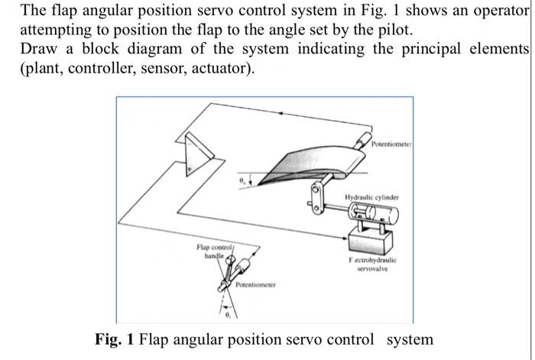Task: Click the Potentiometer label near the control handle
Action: (256, 285)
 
